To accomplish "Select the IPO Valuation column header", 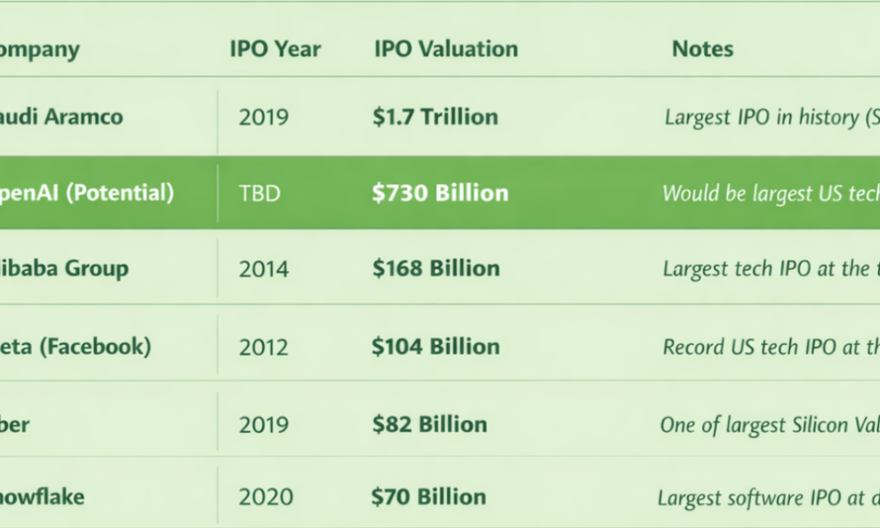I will pos(446,49).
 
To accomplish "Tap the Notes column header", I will pos(702,49).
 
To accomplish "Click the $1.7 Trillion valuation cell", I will pos(435,117).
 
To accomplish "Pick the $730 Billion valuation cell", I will pos(440,193).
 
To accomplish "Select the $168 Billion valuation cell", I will pos(436,268).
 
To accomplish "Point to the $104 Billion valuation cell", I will pos(436,347).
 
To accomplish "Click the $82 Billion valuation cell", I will pos(429,424).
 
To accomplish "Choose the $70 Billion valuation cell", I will pos(429,497).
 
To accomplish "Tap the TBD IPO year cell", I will pos(260,193).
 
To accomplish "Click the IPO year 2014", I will pos(263,268).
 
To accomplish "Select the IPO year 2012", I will pos(263,347).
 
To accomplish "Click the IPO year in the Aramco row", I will pos(263,117).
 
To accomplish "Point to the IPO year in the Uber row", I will pos(263,424).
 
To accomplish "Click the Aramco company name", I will pos(62,117).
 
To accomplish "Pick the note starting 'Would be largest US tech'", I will pos(769,194).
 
